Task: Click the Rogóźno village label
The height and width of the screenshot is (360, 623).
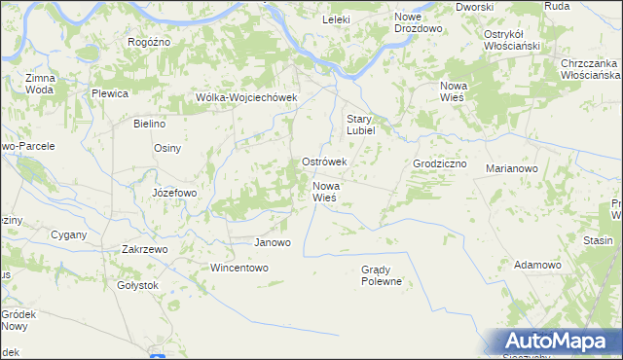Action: pyautogui.click(x=149, y=42)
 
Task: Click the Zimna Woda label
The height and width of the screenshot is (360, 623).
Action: pyautogui.click(x=40, y=83)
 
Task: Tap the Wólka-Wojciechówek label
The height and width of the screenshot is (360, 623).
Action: pyautogui.click(x=245, y=97)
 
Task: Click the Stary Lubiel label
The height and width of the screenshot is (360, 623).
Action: pyautogui.click(x=369, y=126)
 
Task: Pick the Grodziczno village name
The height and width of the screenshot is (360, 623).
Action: pyautogui.click(x=440, y=164)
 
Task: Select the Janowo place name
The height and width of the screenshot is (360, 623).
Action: pyautogui.click(x=272, y=242)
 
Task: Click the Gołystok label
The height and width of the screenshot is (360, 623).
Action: pyautogui.click(x=137, y=286)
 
